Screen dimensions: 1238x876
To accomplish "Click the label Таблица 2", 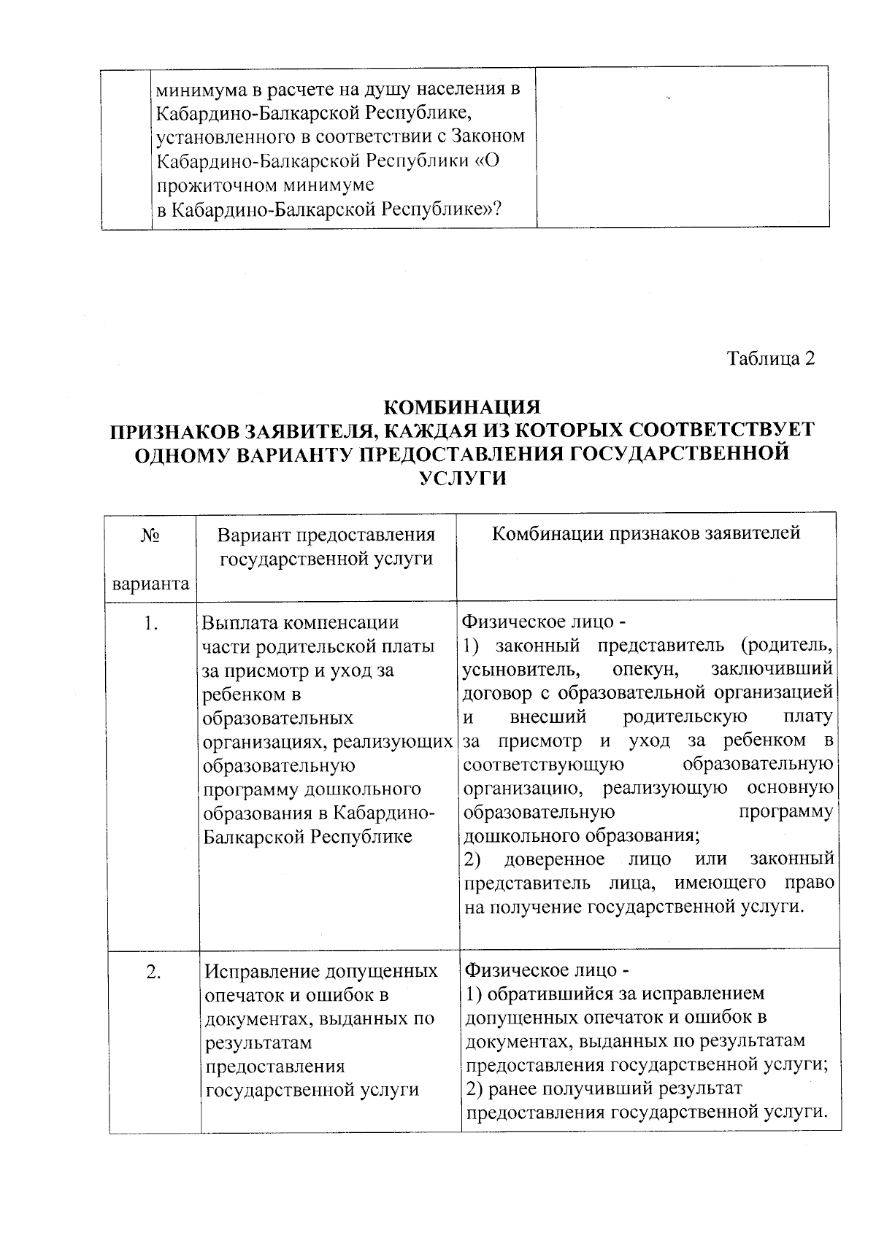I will (x=769, y=359).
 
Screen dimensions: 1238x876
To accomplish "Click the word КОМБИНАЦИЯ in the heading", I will (x=461, y=406).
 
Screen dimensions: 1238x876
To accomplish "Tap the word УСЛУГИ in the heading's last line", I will (x=462, y=479).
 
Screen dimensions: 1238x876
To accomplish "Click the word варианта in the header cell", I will (x=150, y=584).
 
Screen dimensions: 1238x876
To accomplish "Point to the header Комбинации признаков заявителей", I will (x=646, y=533).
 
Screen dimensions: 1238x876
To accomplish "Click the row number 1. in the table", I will (x=150, y=623).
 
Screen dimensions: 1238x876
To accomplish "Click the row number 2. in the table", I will (x=153, y=972).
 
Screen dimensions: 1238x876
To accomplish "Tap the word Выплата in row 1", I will (x=237, y=623).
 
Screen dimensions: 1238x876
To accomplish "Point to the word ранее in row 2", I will (x=510, y=1088).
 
